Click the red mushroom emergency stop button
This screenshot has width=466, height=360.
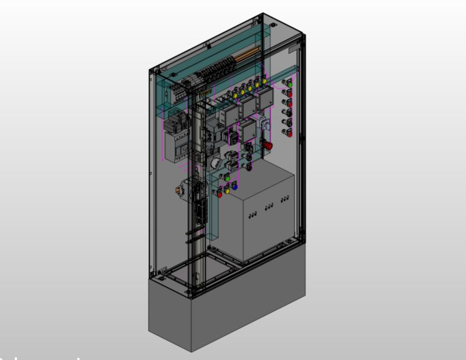pyautogui.click(x=268, y=145)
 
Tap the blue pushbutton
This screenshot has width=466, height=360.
pyautogui.click(x=235, y=187)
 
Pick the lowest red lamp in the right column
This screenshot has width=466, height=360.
pyautogui.click(x=290, y=133)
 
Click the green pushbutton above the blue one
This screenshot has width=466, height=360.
pyautogui.click(x=228, y=179)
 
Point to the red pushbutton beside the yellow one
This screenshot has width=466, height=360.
pyautogui.click(x=219, y=194)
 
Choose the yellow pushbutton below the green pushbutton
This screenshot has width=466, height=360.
pyautogui.click(x=228, y=190)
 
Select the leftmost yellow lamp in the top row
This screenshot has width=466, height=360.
pyautogui.click(x=235, y=95)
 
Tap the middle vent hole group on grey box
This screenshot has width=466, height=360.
pyautogui.click(x=269, y=206)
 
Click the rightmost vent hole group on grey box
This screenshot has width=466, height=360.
pyautogui.click(x=285, y=199)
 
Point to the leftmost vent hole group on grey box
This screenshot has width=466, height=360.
pyautogui.click(x=253, y=214)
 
